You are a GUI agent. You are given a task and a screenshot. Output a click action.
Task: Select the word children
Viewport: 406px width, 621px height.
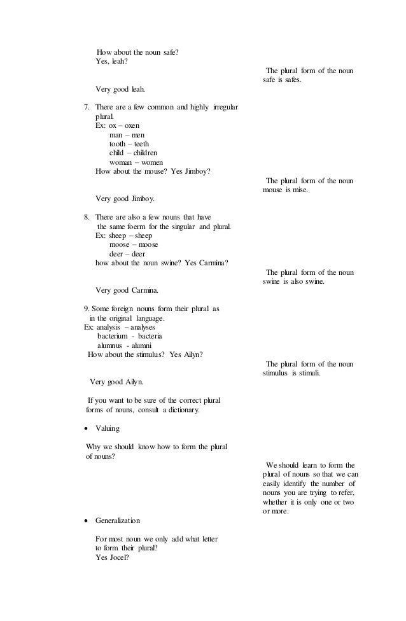coord(146,153)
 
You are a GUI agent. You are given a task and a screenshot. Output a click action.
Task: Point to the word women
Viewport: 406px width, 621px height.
coord(150,162)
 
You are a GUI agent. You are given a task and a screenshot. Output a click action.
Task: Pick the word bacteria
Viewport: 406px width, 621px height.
coord(151,335)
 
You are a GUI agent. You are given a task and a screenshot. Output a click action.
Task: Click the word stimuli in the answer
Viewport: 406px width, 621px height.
coord(307,373)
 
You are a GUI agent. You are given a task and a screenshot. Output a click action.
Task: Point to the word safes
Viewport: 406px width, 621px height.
coord(290,81)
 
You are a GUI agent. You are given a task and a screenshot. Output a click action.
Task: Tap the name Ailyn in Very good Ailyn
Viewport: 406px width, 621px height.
coord(133,382)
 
